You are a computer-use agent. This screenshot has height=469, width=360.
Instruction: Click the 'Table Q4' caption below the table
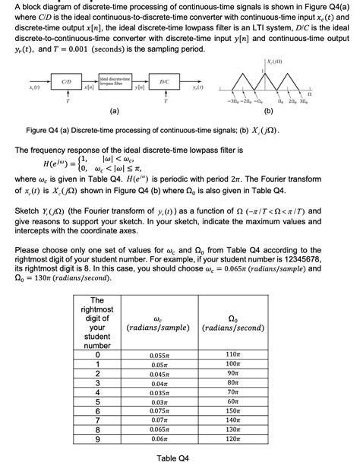[173, 458]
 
